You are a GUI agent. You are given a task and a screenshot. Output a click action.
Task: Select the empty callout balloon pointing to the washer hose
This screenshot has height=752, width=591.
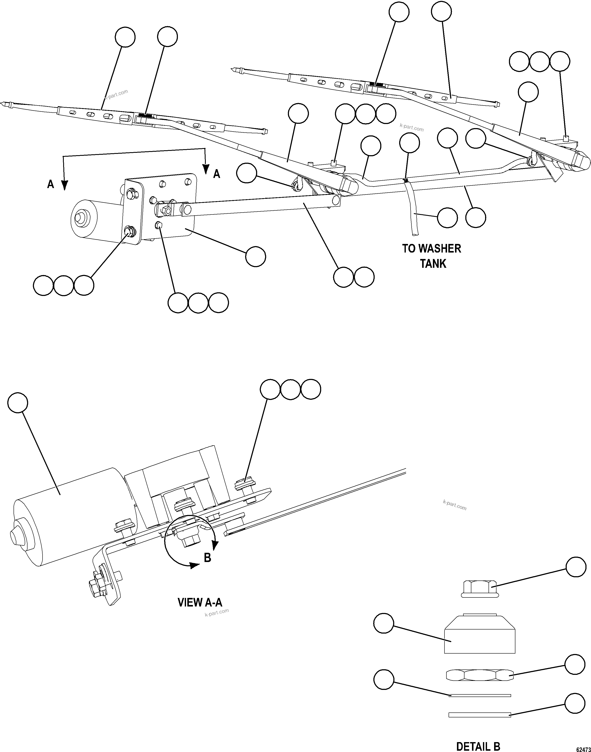tap(447, 218)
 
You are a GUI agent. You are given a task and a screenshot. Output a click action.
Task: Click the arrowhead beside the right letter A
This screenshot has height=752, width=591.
tap(206, 169)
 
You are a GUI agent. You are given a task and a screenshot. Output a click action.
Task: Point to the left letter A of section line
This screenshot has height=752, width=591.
tap(50, 184)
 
